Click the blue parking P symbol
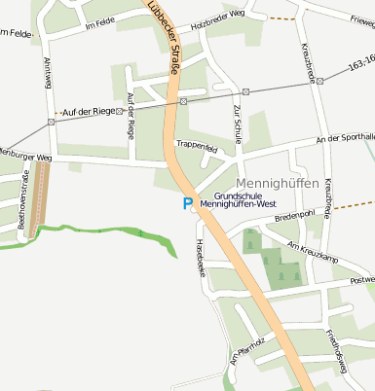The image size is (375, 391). pos(190,203)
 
